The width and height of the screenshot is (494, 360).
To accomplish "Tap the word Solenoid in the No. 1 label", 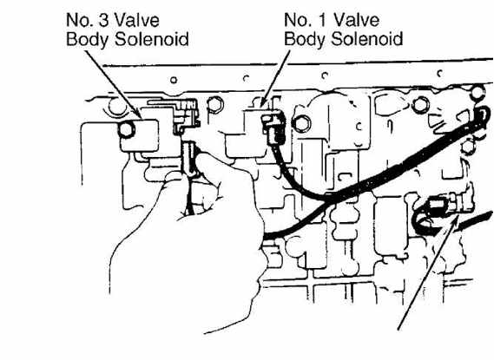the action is point(367,39).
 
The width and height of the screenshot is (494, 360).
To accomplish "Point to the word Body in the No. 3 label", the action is point(87,40).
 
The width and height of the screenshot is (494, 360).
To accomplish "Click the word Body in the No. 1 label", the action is point(305,40).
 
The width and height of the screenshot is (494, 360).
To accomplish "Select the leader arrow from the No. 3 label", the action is point(113,84).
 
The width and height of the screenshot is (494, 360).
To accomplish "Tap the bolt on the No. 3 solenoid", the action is point(126,129).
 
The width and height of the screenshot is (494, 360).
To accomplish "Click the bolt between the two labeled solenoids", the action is point(215,104).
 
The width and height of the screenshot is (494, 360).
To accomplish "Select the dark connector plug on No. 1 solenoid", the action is point(273,128).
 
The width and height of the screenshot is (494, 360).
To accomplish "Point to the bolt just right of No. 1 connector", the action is point(301,123).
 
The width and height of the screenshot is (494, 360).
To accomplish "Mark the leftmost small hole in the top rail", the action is point(174,80).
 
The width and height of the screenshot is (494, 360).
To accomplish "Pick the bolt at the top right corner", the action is point(478,93).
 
